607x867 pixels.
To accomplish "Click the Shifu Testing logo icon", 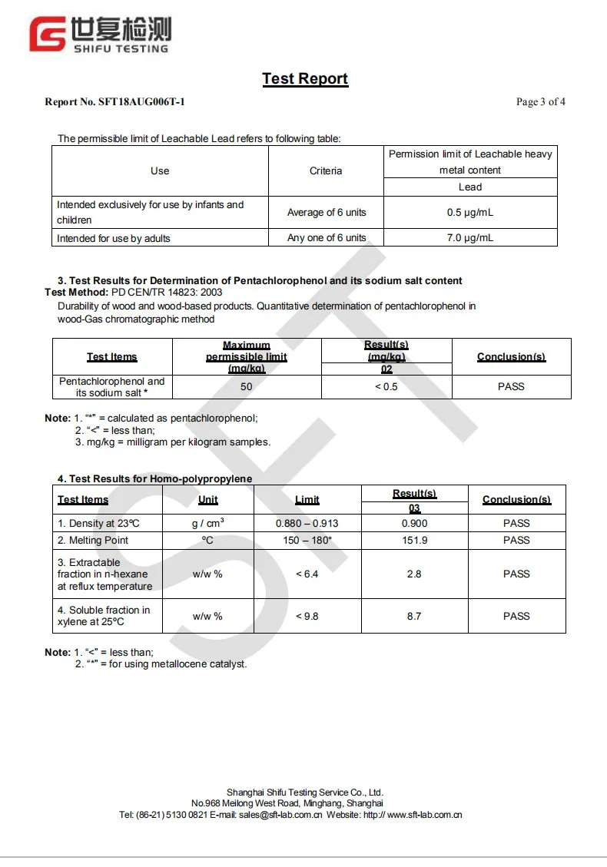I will coord(48,35).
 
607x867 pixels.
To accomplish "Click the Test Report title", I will coord(305,79).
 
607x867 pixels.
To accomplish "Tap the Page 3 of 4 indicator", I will coord(541,102).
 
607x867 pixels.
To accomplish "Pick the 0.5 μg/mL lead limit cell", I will coord(470,213).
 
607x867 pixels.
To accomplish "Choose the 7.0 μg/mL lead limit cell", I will coord(470,238).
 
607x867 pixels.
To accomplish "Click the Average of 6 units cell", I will coord(327,213).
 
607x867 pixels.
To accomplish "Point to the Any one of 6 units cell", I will coord(327,238).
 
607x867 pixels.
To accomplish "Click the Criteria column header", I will coord(326,170).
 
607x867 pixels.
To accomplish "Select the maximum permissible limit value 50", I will coord(246,387).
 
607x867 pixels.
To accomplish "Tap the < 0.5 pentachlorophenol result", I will coord(386,387).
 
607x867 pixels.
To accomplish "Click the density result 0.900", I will coord(414,524).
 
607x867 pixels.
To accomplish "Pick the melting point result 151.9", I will coord(414,541).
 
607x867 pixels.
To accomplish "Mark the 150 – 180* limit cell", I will coord(307,541).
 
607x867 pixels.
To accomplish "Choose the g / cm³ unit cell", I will coord(207,524).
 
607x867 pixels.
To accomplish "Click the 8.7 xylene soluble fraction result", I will coord(414,617).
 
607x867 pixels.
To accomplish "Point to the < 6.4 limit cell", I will coord(307,574).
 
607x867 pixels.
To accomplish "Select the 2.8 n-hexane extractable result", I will coord(414,574).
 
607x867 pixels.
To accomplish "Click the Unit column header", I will coord(207,500).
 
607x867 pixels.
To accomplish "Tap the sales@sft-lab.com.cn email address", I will coord(280,815).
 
